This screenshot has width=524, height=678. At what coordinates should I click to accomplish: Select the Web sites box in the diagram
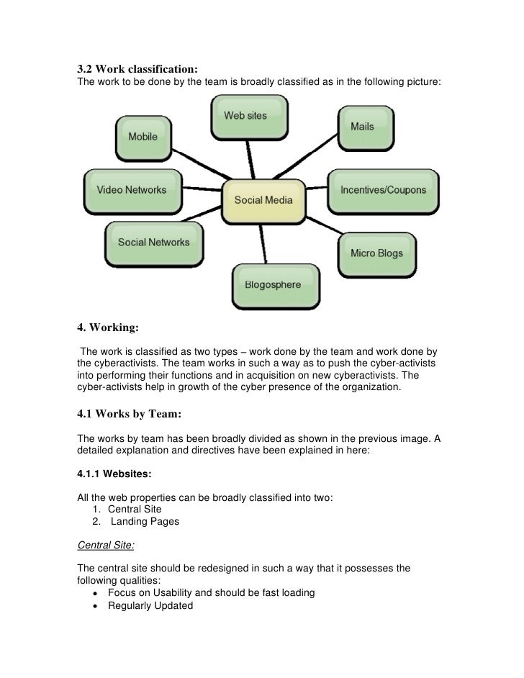click(245, 117)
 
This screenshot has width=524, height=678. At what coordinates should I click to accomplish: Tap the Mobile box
click(143, 136)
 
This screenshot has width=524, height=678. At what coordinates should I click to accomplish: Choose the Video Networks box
click(131, 190)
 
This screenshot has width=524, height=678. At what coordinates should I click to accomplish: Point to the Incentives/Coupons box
click(383, 191)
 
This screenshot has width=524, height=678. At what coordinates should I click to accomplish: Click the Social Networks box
click(153, 243)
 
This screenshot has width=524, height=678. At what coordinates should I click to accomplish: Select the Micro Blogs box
click(376, 253)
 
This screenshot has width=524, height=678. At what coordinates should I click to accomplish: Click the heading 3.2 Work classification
click(137, 70)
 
